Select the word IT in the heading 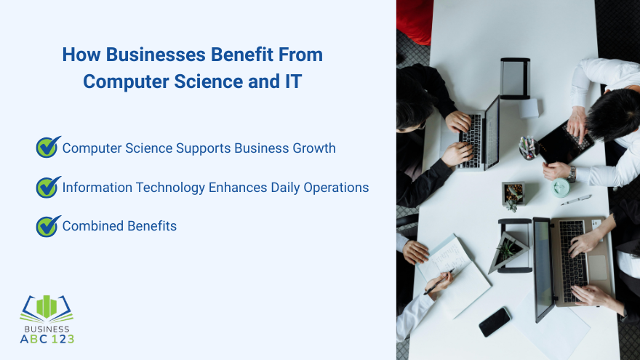tap(291, 81)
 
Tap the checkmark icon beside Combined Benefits tap(48, 226)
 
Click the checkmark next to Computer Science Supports tap(48, 148)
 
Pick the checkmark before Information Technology tap(48, 187)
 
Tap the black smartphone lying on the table tap(495, 321)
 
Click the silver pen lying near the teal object tap(576, 199)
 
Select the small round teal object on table tap(560, 188)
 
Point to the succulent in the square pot tap(513, 193)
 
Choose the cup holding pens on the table tap(527, 148)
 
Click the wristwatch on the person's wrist tap(572, 174)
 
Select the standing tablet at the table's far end tap(515, 79)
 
